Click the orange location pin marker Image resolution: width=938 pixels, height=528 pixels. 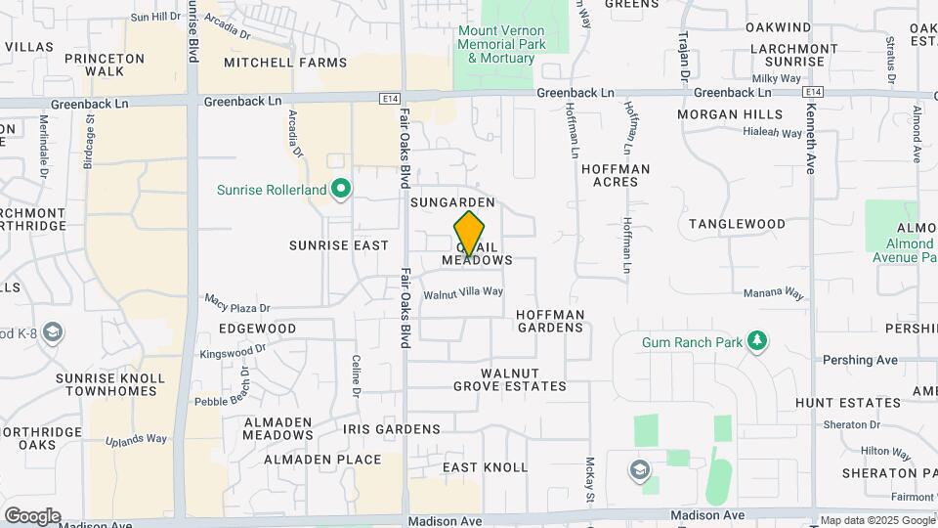pyautogui.click(x=469, y=234)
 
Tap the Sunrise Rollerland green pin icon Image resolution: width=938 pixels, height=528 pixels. pyautogui.click(x=341, y=188)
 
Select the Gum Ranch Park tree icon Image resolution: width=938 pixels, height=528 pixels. pyautogui.click(x=755, y=341)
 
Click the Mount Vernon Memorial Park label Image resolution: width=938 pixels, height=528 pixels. pyautogui.click(x=501, y=44)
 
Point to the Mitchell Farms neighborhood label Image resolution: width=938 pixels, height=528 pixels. pyautogui.click(x=285, y=63)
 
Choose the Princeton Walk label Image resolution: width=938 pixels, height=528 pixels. pyautogui.click(x=105, y=65)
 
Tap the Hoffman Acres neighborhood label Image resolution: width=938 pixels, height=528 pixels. pyautogui.click(x=616, y=175)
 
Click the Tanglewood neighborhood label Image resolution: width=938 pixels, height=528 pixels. pyautogui.click(x=737, y=224)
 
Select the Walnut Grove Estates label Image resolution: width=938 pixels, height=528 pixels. pyautogui.click(x=524, y=379)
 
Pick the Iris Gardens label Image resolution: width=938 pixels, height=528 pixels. pyautogui.click(x=392, y=429)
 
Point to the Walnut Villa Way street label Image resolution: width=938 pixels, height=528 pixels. pyautogui.click(x=463, y=291)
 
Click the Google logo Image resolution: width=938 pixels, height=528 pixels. pyautogui.click(x=31, y=515)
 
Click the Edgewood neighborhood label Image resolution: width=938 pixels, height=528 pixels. pyautogui.click(x=258, y=329)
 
